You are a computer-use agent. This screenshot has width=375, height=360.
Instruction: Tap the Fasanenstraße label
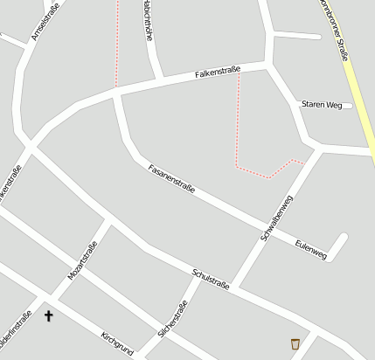171,178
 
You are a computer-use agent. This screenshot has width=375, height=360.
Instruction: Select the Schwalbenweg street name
277,218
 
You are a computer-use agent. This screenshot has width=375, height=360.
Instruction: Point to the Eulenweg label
310,249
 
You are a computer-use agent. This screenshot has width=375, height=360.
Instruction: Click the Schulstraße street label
211,280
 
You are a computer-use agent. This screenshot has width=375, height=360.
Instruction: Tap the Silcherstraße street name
173,320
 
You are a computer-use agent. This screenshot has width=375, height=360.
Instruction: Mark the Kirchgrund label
117,343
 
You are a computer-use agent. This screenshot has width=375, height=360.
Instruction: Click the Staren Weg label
322,104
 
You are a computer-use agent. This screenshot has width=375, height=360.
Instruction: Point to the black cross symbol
48,315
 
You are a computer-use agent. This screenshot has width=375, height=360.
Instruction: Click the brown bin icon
295,343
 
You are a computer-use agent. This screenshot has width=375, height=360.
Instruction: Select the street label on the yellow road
338,31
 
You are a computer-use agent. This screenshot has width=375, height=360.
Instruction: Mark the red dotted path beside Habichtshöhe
116,44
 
